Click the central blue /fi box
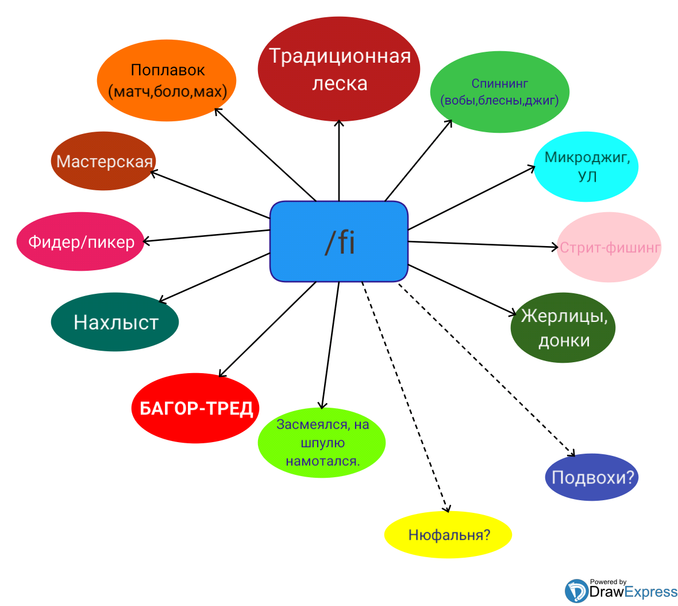339,241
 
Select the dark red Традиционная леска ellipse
339,70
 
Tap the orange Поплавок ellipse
167,80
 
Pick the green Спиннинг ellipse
500,92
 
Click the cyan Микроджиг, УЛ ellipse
586,167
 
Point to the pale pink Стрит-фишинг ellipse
609,247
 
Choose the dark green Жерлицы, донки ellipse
563,328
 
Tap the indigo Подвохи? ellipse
592,477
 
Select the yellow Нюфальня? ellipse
448,535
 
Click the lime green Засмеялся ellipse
322,443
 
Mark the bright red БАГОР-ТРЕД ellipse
195,408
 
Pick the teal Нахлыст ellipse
115,322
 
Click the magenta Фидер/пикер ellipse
80,241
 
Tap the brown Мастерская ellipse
104,161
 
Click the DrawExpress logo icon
576,591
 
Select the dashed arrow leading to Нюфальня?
405,397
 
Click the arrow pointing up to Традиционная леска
339,161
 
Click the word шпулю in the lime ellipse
322,443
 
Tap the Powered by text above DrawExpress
608,582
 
